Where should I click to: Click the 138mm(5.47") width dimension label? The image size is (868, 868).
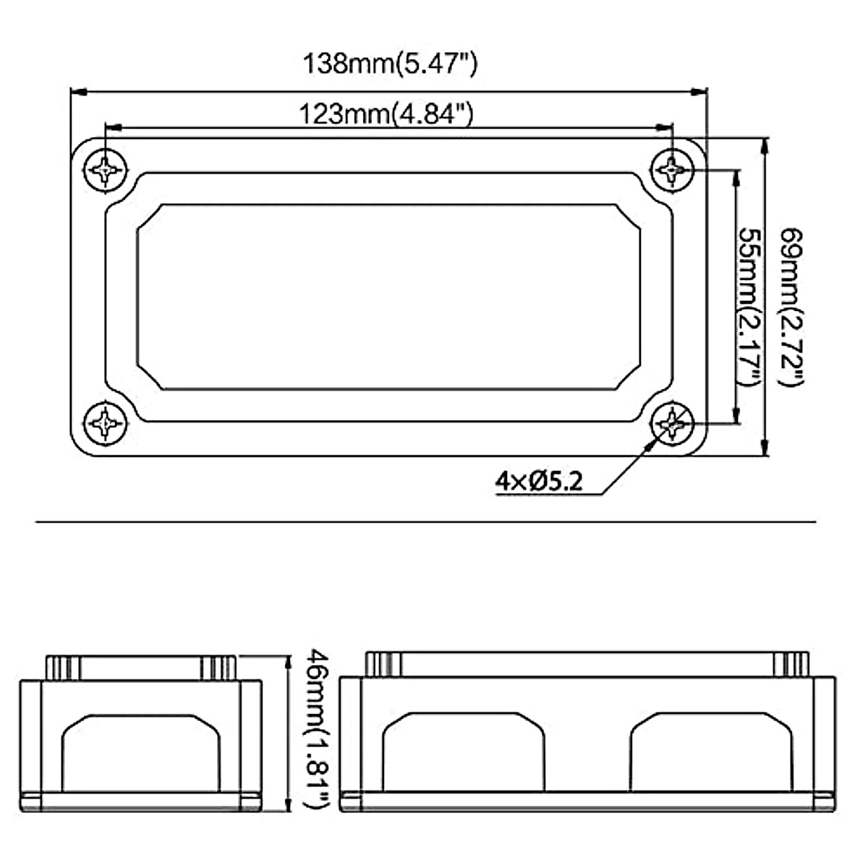[390, 64]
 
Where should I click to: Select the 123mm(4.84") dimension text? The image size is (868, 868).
[386, 114]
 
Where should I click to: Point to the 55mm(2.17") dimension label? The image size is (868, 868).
[749, 307]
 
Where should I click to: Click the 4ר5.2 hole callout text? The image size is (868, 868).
[539, 481]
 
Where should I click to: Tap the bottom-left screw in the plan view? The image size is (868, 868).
[106, 423]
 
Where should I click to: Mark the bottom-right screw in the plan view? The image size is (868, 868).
[672, 423]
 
